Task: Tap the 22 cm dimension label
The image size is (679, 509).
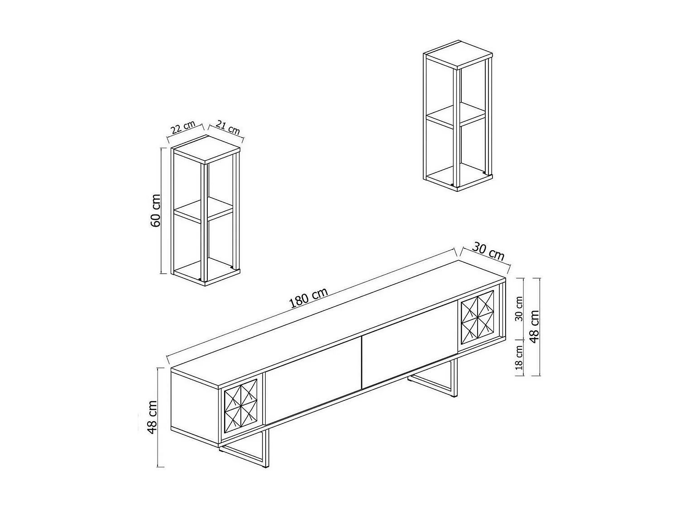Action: [183, 127]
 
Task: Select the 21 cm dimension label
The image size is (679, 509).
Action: [228, 127]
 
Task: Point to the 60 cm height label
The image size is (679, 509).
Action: [156, 210]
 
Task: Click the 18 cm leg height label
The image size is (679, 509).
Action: [519, 357]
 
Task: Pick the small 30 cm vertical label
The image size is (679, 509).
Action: [519, 309]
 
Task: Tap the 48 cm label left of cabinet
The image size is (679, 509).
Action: [152, 417]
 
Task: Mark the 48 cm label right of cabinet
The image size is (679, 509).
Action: [534, 327]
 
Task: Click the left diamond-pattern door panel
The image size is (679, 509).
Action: [241, 405]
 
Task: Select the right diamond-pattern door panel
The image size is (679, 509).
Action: [477, 317]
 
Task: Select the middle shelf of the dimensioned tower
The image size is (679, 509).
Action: [203, 210]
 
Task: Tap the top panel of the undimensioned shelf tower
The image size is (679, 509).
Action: [458, 53]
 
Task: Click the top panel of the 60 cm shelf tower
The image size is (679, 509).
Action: [206, 149]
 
